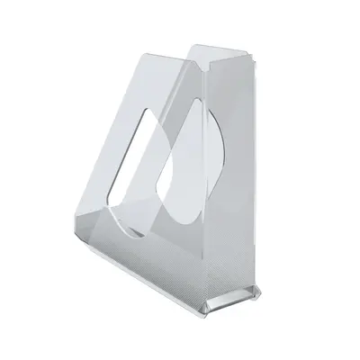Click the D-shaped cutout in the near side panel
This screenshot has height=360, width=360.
coord(180,179)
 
